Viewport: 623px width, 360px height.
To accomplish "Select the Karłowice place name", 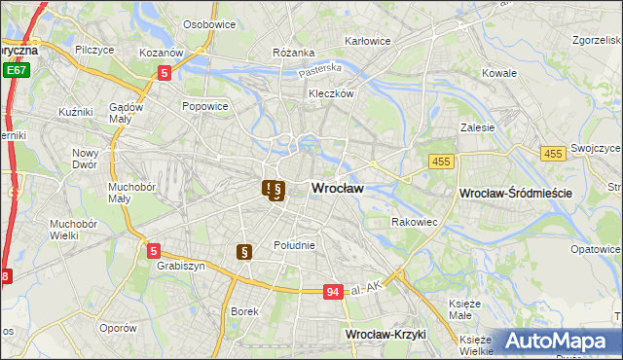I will [x=368, y=42].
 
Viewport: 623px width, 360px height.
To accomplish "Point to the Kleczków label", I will [x=330, y=94].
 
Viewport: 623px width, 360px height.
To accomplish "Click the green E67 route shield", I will [x=15, y=70].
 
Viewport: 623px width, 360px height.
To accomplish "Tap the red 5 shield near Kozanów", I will [x=165, y=72].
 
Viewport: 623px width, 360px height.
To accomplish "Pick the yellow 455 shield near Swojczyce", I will [x=553, y=154].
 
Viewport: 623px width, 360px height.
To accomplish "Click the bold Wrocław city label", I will [x=337, y=190].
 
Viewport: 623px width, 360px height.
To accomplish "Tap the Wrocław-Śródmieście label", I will [x=514, y=194].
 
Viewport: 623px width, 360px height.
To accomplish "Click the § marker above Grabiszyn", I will [x=244, y=252].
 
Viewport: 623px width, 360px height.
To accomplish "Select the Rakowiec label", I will [x=414, y=222].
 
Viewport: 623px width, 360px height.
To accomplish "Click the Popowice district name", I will [x=204, y=106].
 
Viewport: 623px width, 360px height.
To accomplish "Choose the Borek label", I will [x=243, y=312].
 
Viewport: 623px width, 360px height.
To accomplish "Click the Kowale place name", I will [x=498, y=73].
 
